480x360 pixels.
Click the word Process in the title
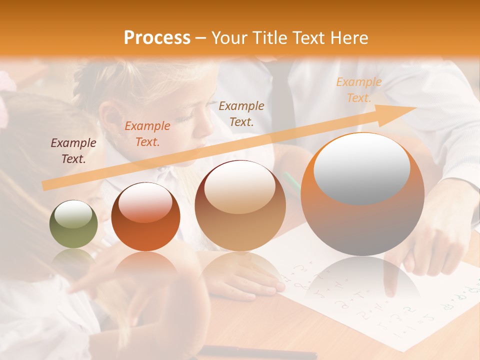[157, 38]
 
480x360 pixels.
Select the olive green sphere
[73, 224]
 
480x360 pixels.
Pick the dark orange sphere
[145, 217]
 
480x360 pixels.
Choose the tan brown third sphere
[240, 205]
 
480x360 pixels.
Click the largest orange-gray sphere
[362, 194]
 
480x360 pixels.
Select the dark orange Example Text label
[147, 133]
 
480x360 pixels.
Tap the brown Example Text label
[241, 113]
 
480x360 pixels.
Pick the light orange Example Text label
[358, 90]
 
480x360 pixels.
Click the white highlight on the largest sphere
[361, 168]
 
